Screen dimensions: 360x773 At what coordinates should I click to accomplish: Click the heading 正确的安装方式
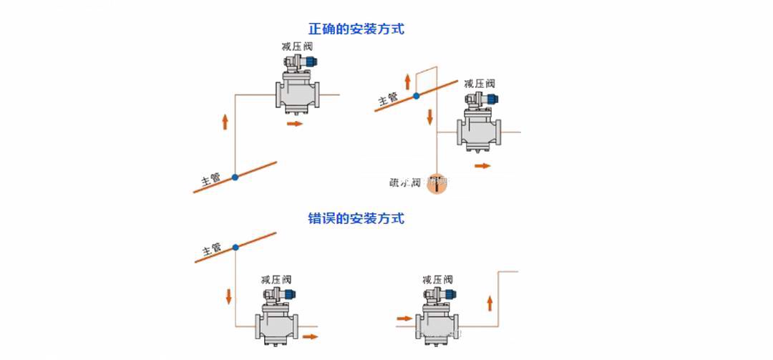(x=356, y=29)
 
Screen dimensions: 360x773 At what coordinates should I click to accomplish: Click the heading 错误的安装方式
(x=356, y=218)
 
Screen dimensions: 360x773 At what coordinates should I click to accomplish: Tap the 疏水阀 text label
(x=402, y=182)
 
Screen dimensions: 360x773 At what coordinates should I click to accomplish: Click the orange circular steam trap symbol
(x=436, y=183)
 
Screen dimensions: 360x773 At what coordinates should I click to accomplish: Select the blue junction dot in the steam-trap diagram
(x=416, y=95)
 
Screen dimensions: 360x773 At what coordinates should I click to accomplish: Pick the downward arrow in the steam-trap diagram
(x=430, y=116)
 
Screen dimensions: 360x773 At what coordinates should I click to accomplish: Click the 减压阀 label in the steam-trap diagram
(x=479, y=84)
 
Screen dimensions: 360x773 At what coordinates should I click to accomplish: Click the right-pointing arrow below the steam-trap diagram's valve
(x=482, y=165)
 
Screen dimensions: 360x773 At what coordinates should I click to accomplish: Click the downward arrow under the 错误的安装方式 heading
(x=229, y=295)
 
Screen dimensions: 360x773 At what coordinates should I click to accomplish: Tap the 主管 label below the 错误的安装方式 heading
(x=211, y=250)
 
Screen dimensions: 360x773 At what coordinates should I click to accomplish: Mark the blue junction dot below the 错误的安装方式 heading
(x=235, y=248)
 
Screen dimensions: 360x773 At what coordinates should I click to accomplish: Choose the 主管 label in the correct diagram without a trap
(x=210, y=177)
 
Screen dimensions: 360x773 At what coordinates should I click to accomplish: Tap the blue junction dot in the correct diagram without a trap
(x=235, y=176)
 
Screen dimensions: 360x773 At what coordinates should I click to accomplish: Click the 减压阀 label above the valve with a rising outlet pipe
(x=437, y=279)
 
